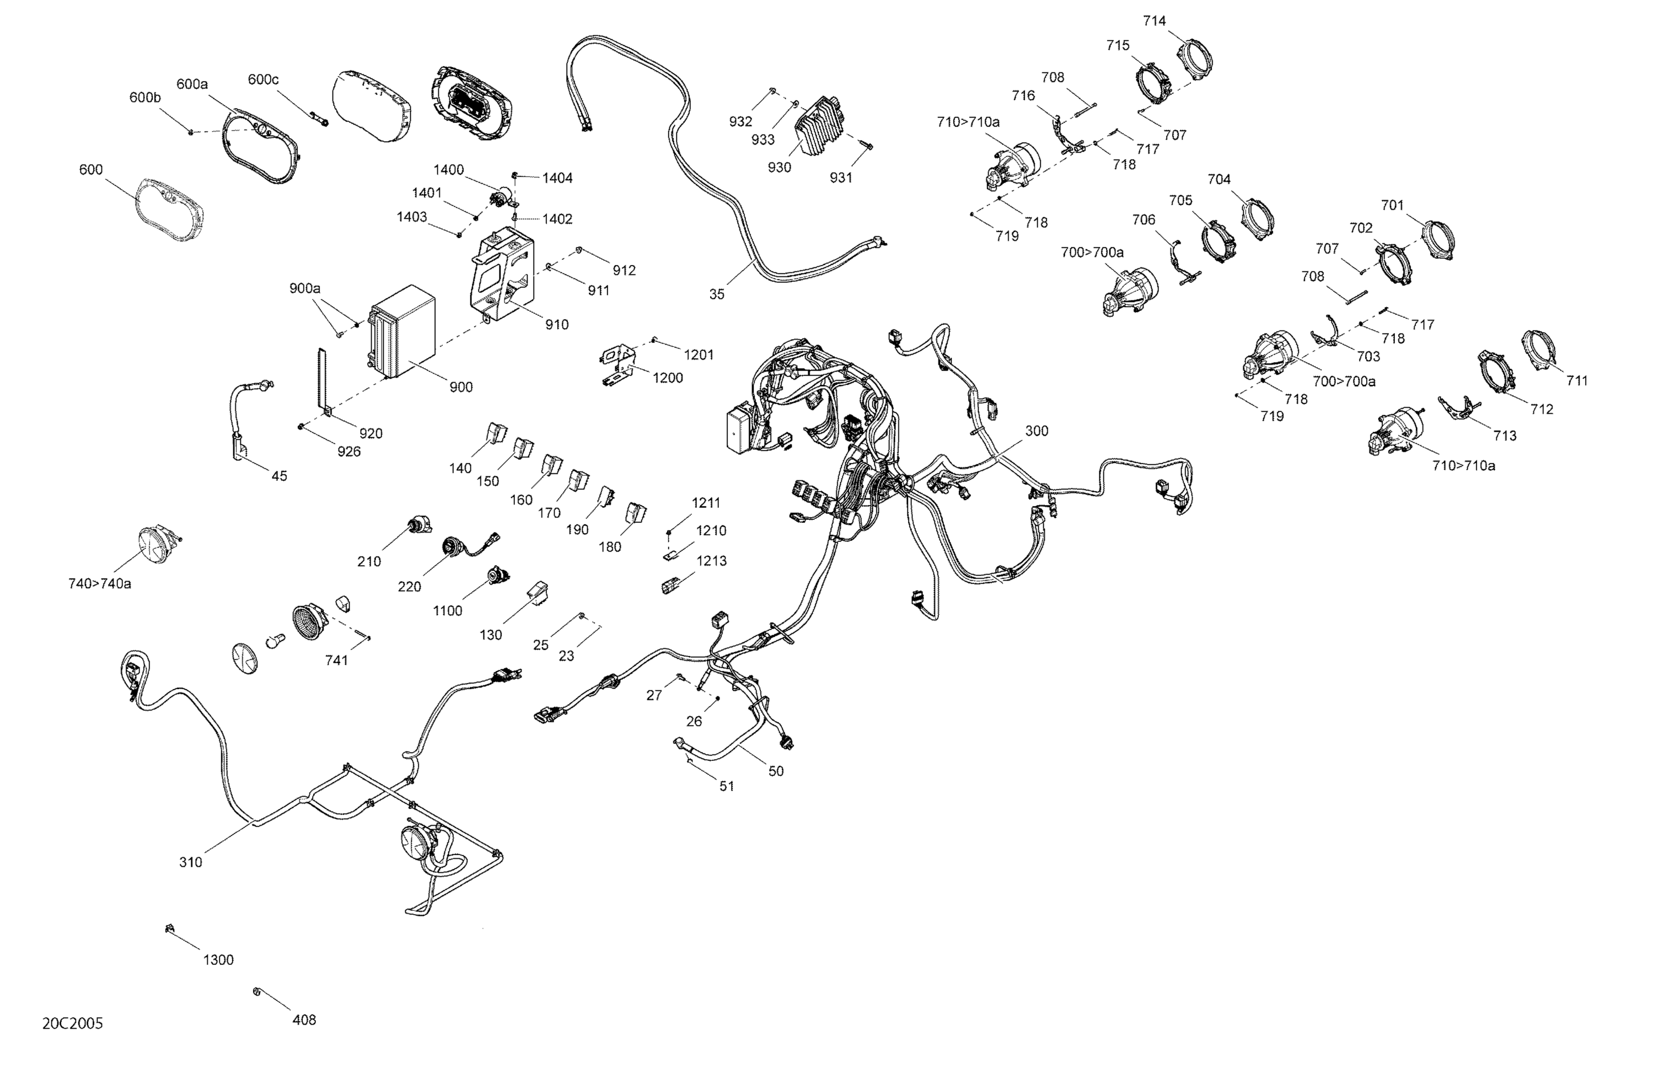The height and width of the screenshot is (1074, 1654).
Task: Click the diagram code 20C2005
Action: tap(72, 1023)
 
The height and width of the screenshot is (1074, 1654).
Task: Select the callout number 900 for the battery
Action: tap(461, 387)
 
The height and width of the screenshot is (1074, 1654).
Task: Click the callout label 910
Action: tap(557, 324)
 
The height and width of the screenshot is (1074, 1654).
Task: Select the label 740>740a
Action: tap(99, 583)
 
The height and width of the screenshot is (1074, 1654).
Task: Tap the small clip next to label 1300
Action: tap(169, 928)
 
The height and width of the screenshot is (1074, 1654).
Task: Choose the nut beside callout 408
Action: tap(256, 991)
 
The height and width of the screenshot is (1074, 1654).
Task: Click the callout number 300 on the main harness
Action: tap(1036, 431)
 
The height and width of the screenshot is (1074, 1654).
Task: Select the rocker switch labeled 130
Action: tap(539, 591)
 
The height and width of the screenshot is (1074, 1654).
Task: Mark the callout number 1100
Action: tap(447, 610)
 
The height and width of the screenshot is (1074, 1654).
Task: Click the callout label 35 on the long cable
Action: tap(717, 294)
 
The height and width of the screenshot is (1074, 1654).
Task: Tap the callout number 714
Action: tap(1154, 21)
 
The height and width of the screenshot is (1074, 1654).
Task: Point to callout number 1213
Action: tap(712, 560)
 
